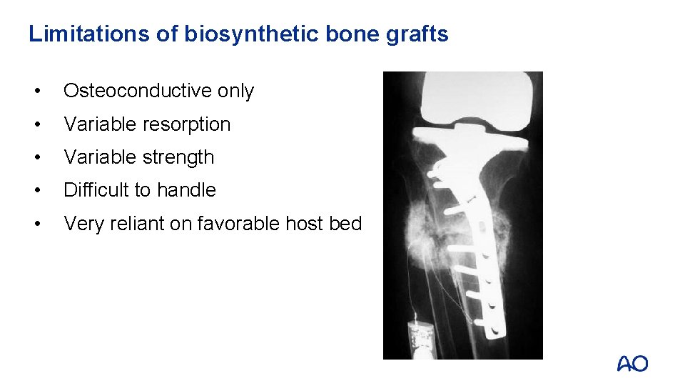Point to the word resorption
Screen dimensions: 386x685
(188, 124)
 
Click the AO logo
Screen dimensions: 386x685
(632, 364)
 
